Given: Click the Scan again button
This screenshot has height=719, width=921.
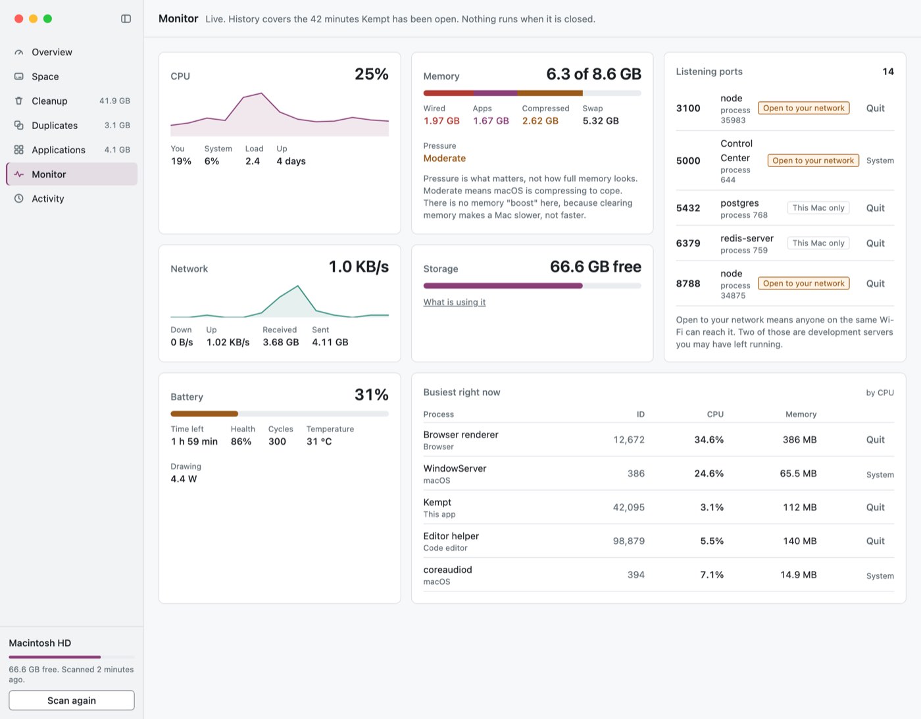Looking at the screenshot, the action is [x=72, y=701].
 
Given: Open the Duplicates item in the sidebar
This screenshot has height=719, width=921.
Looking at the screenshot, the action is [x=55, y=126].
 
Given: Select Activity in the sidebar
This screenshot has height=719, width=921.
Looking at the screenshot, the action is [x=48, y=199].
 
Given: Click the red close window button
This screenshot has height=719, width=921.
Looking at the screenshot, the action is [x=18, y=18].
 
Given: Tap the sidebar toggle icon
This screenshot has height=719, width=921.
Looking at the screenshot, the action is [x=126, y=18].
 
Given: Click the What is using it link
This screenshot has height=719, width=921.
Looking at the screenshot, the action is [x=455, y=302].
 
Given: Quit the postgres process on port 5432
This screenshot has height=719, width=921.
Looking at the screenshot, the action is [x=875, y=208].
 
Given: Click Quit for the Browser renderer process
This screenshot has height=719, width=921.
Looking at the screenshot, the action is [x=875, y=440].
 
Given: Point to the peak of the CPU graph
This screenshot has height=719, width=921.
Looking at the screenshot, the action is [x=262, y=93].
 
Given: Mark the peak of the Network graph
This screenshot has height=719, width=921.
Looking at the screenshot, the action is [x=298, y=285].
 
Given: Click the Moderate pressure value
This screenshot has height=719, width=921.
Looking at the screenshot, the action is [x=445, y=158].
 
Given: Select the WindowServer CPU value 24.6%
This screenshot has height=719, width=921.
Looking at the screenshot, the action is [x=709, y=473].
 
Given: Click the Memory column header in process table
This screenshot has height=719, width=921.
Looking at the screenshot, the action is [x=801, y=414].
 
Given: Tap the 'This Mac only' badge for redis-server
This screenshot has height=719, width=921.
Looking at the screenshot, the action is [x=818, y=243].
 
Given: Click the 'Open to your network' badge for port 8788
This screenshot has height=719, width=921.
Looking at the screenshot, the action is [x=804, y=284].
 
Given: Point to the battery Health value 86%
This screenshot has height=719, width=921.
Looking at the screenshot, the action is [x=241, y=441].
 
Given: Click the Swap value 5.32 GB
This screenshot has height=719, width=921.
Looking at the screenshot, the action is [x=601, y=121].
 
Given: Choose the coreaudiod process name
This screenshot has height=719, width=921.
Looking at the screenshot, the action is [x=447, y=570].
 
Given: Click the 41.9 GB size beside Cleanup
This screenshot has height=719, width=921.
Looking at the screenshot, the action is [x=114, y=101].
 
